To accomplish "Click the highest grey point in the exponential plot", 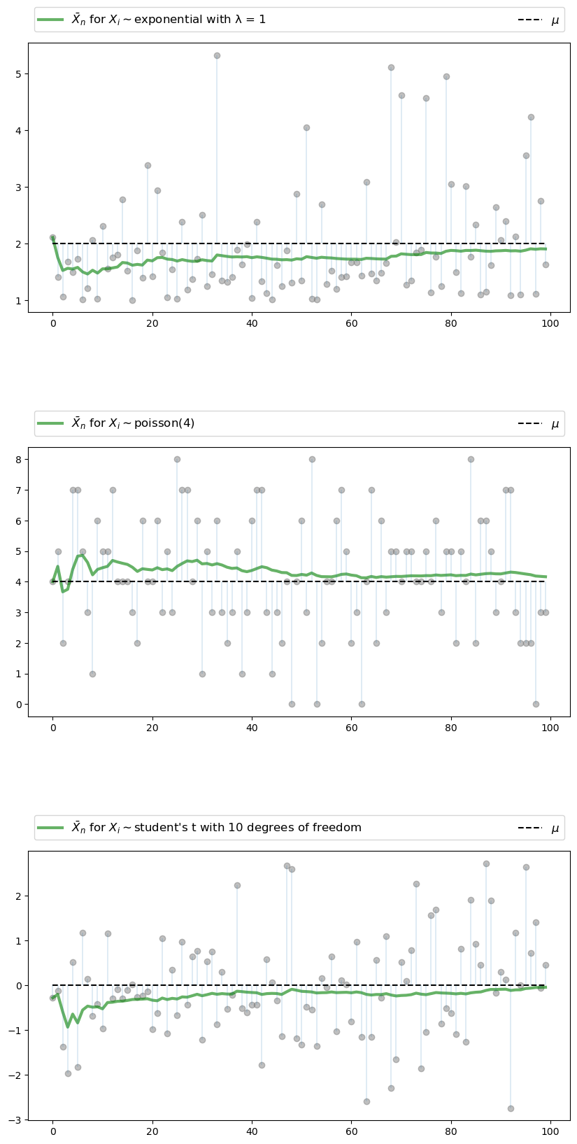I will coord(217,55).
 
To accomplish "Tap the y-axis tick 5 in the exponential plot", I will coord(19,74).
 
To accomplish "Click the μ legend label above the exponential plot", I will coord(555,20).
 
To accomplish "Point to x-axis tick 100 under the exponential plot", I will coord(550,324).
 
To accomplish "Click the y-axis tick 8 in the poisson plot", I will coord(19,460).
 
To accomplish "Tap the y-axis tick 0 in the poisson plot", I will coord(19,705).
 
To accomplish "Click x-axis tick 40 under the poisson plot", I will coord(252,728).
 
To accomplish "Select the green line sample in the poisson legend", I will coord(51,423).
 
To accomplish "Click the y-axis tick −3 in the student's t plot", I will coord(16,1120).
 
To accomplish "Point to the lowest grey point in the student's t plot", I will coord(511,1108).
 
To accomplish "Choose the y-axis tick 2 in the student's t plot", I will coord(19,896).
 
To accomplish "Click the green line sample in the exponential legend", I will coord(51,20).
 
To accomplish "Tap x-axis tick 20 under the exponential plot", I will coord(152,324).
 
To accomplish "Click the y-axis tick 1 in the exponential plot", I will coord(19,301).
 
